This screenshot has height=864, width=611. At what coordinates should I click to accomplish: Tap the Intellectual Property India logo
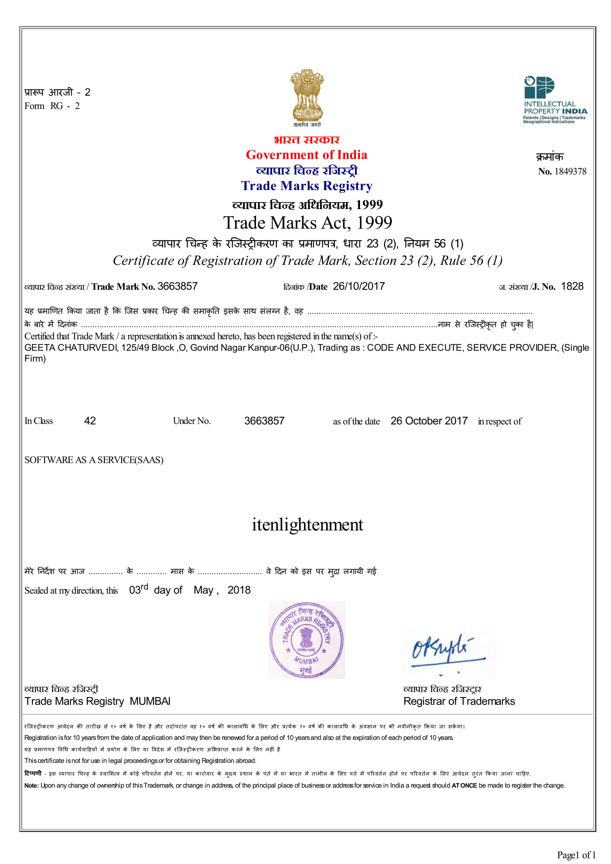[555, 100]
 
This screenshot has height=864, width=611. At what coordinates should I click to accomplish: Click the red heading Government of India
[306, 155]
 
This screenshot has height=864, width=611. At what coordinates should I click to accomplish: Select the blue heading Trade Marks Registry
[306, 185]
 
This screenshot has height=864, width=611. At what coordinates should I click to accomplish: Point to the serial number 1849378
[570, 172]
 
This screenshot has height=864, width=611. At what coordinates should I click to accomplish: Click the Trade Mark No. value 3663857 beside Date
[177, 286]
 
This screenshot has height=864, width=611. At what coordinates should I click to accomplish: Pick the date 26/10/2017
[359, 286]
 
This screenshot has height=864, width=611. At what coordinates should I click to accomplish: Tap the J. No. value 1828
[572, 286]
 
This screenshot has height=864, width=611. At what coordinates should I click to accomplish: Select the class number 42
[90, 421]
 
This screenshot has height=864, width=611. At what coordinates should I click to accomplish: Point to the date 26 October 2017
[429, 421]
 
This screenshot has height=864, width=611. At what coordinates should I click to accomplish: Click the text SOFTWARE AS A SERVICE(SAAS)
[94, 460]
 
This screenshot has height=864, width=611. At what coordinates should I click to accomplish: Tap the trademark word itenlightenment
[307, 525]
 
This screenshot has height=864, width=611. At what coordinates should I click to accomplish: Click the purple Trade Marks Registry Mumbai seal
[306, 640]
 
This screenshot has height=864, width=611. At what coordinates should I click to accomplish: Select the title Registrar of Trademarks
[459, 701]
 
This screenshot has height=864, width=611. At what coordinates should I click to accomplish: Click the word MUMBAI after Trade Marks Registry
[150, 701]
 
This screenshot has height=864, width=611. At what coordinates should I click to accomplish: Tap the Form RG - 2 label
[52, 106]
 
